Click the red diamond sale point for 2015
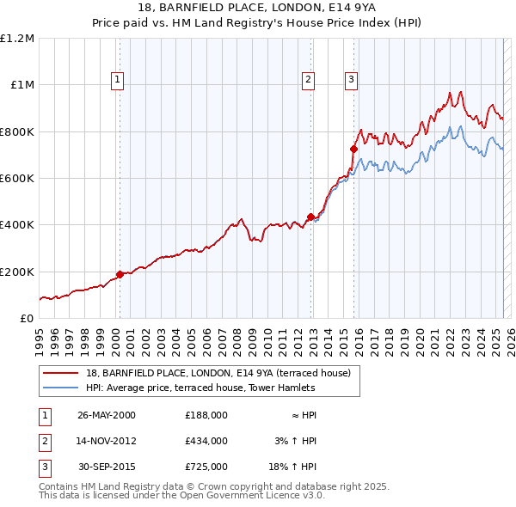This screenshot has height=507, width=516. point(353,149)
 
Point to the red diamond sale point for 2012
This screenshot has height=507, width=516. point(310,217)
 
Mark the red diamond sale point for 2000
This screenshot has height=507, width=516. point(120,274)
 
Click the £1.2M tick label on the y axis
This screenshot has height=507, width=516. point(17,39)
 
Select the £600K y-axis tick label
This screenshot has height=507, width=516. point(17,179)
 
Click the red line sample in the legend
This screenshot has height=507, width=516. point(62,374)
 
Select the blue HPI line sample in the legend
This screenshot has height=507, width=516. point(62,388)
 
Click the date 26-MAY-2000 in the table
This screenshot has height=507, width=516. point(107,415)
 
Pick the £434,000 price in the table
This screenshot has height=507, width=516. point(206,441)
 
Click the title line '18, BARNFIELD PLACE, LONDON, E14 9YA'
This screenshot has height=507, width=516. point(258,9)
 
